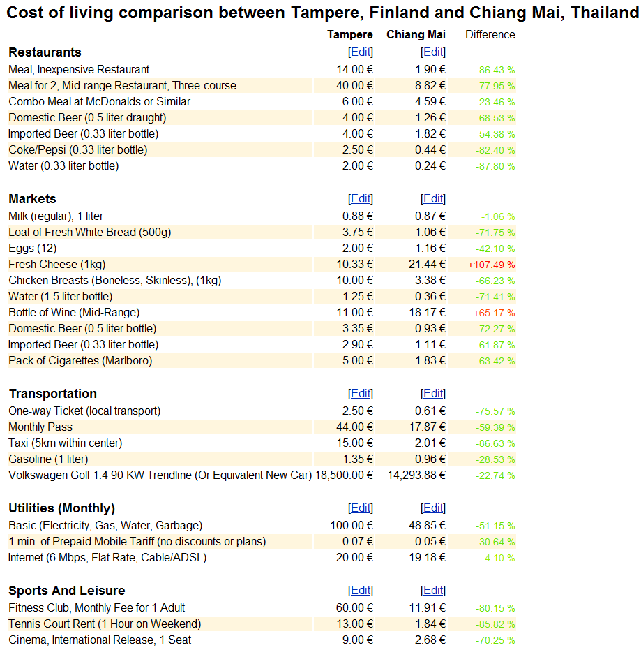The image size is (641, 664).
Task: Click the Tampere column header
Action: tap(349, 35)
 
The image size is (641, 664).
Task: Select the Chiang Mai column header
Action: tap(416, 35)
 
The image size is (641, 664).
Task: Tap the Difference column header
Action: tap(490, 35)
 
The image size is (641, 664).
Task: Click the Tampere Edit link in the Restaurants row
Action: tap(361, 52)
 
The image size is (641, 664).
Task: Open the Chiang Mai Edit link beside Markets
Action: tap(433, 199)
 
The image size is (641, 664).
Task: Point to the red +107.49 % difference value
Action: tap(491, 265)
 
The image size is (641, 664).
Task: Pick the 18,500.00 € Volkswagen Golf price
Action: tap(344, 475)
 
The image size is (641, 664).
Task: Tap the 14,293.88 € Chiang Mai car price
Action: tap(416, 475)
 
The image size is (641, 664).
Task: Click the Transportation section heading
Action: tap(53, 394)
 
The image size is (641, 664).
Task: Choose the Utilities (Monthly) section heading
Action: tap(62, 508)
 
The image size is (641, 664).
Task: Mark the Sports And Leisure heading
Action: tap(67, 591)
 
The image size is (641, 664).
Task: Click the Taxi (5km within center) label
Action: tap(66, 443)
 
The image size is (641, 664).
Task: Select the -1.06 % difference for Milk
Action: tap(498, 217)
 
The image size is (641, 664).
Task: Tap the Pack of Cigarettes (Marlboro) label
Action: tap(80, 360)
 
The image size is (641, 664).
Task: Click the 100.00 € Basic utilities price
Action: tap(352, 525)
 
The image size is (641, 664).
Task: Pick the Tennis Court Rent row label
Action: tap(105, 624)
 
